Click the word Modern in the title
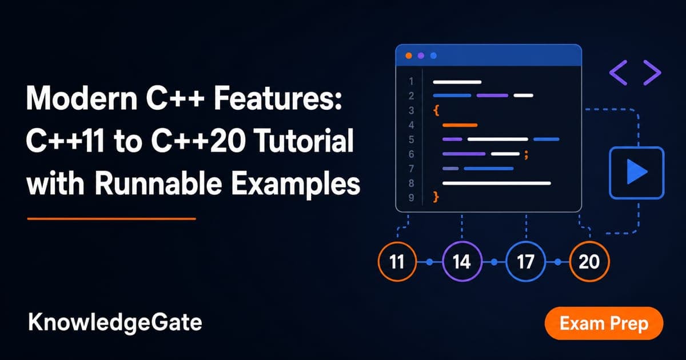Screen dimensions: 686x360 [82, 98]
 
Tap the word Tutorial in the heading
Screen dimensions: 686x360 [304, 141]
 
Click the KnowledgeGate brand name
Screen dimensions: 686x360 [115, 323]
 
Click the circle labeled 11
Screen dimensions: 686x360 [397, 262]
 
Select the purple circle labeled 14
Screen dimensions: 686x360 [462, 262]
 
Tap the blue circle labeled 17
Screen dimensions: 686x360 [525, 262]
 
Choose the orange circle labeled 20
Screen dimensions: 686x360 [589, 262]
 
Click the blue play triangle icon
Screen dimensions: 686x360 [636, 172]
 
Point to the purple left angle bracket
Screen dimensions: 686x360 [619, 73]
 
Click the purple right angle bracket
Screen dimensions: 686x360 [652, 73]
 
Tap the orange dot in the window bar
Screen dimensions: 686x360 [409, 56]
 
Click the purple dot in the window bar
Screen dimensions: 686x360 [421, 56]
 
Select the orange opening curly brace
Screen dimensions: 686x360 [436, 110]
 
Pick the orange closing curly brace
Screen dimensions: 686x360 [436, 197]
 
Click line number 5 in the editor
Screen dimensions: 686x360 [411, 139]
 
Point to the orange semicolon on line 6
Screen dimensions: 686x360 [526, 155]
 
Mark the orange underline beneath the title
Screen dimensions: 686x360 [111, 219]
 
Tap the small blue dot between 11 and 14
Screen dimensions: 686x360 [430, 262]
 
